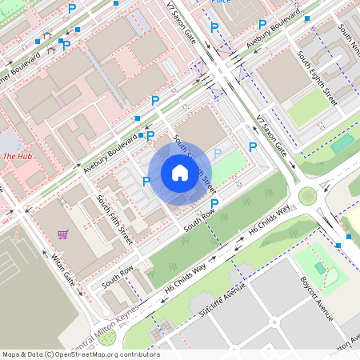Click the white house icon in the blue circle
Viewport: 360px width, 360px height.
click(180, 173)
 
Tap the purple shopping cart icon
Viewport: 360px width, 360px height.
click(62, 234)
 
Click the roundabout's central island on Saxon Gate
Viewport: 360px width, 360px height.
click(307, 195)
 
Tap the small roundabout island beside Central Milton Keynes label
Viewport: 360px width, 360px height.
click(157, 327)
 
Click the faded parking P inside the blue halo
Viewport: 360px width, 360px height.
click(217, 154)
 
